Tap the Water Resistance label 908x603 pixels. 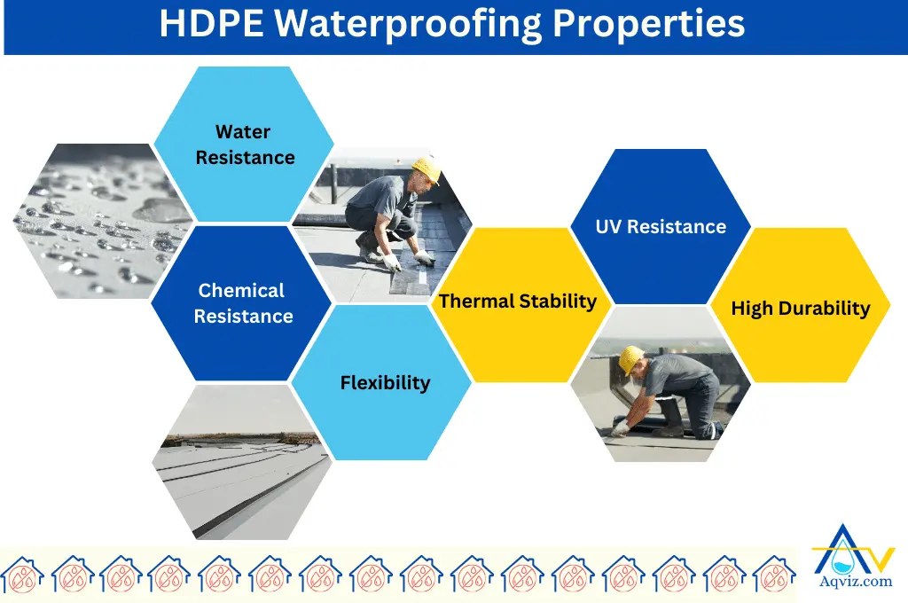click(x=245, y=145)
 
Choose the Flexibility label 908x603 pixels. click(x=385, y=383)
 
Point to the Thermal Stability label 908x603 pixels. click(x=518, y=301)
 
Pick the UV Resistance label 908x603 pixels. click(x=661, y=227)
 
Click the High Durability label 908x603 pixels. click(x=800, y=309)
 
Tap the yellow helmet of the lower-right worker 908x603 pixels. click(x=630, y=358)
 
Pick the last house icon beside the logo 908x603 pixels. click(x=774, y=574)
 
